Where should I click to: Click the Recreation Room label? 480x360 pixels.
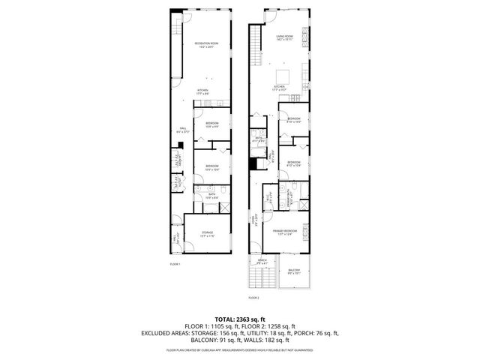(x=206, y=44)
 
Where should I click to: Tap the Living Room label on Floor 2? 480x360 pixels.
(x=284, y=37)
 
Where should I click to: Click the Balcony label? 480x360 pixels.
(x=294, y=271)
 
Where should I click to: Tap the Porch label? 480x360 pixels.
(x=262, y=261)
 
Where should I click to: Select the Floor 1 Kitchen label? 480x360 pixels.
(x=202, y=91)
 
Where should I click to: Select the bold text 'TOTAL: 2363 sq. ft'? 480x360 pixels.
(x=240, y=318)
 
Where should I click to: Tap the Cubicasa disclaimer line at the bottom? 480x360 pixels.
(x=240, y=350)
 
